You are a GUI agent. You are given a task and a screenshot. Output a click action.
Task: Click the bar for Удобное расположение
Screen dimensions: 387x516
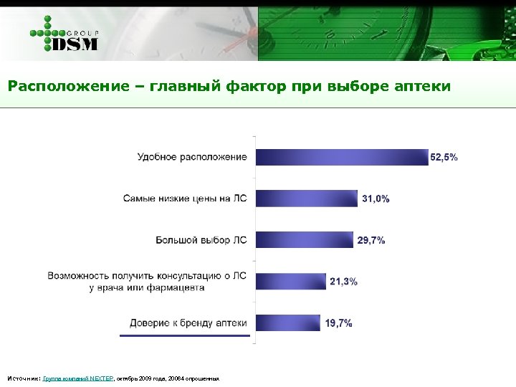(341, 157)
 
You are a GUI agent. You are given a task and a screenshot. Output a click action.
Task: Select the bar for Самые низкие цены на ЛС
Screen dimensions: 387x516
(306, 199)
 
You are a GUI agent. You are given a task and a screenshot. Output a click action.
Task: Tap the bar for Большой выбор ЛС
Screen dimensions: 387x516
(304, 240)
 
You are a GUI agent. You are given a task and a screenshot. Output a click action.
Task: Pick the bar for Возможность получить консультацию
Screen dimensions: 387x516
(290, 282)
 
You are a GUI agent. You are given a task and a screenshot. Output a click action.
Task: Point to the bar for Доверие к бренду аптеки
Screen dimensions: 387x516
(287, 322)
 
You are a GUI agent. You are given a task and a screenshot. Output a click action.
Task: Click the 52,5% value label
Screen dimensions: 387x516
(444, 157)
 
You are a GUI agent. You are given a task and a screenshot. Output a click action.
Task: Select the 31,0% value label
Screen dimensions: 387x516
(376, 199)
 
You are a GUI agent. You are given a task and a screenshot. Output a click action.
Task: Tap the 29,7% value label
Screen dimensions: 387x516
(371, 240)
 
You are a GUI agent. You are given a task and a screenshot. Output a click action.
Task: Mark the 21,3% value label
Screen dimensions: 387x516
(344, 282)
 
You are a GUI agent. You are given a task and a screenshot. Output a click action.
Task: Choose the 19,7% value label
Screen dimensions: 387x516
(338, 323)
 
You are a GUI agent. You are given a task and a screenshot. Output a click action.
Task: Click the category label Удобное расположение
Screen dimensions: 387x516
(192, 157)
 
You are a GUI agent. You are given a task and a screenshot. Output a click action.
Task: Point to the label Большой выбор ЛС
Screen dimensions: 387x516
(201, 240)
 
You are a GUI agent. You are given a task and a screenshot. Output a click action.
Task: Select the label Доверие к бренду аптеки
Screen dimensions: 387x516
(188, 322)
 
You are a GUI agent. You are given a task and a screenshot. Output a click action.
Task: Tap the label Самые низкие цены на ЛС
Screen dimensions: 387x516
(185, 199)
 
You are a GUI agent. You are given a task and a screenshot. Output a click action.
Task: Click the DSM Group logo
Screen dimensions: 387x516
(64, 34)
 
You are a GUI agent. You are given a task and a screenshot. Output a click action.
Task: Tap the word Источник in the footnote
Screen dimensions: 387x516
(23, 378)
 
